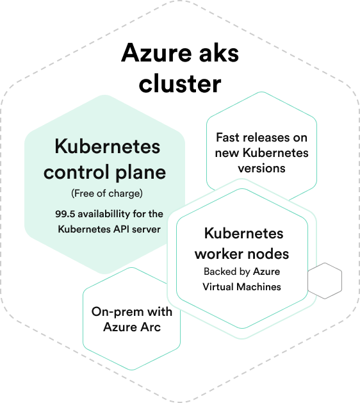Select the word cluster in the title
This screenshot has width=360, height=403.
point(180,83)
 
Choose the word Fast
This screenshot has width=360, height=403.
point(227,138)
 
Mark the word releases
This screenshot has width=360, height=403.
point(265,138)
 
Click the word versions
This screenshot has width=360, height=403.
point(261,168)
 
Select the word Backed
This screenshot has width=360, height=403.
point(219,272)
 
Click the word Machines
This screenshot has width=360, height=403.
point(258,286)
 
